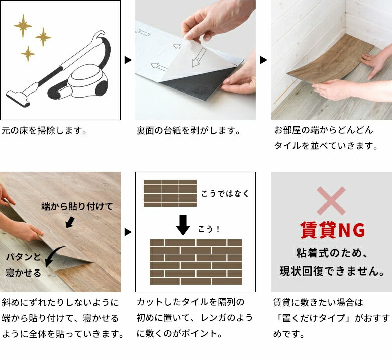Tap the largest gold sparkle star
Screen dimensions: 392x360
[23, 26]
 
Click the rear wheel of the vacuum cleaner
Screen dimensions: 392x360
[102, 88]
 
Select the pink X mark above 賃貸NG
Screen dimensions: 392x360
[331, 201]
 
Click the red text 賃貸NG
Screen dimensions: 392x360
[332, 230]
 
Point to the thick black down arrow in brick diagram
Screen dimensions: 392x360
[183, 225]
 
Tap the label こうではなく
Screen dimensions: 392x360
[225, 194]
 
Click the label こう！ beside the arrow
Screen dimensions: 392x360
[209, 229]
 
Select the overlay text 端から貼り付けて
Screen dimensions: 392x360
[77, 206]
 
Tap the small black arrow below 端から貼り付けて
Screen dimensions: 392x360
[70, 222]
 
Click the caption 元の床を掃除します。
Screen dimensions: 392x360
[44, 131]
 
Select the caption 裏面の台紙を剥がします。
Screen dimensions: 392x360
[188, 131]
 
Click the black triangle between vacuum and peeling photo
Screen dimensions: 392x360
[128, 60]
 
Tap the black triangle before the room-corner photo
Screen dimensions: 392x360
[264, 60]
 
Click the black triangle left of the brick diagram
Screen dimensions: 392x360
[128, 232]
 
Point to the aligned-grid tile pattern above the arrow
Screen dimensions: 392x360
[170, 194]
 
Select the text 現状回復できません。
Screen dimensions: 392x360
[332, 271]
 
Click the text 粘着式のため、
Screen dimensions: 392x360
[332, 253]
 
